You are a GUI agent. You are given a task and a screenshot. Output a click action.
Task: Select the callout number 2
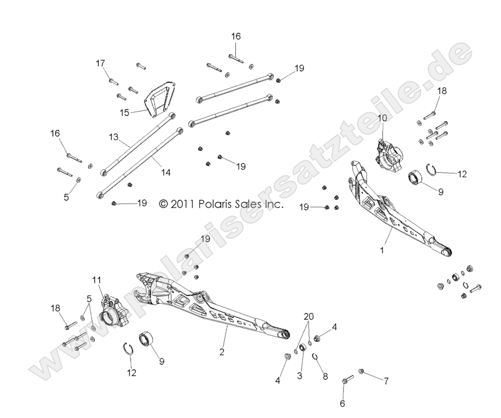click(x=222, y=352)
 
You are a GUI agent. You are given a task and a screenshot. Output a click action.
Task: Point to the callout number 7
click(x=386, y=381)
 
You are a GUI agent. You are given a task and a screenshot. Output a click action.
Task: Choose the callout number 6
click(x=342, y=404)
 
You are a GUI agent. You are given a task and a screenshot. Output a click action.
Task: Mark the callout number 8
click(x=325, y=376)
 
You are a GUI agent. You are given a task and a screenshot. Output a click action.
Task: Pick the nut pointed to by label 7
click(x=361, y=371)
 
